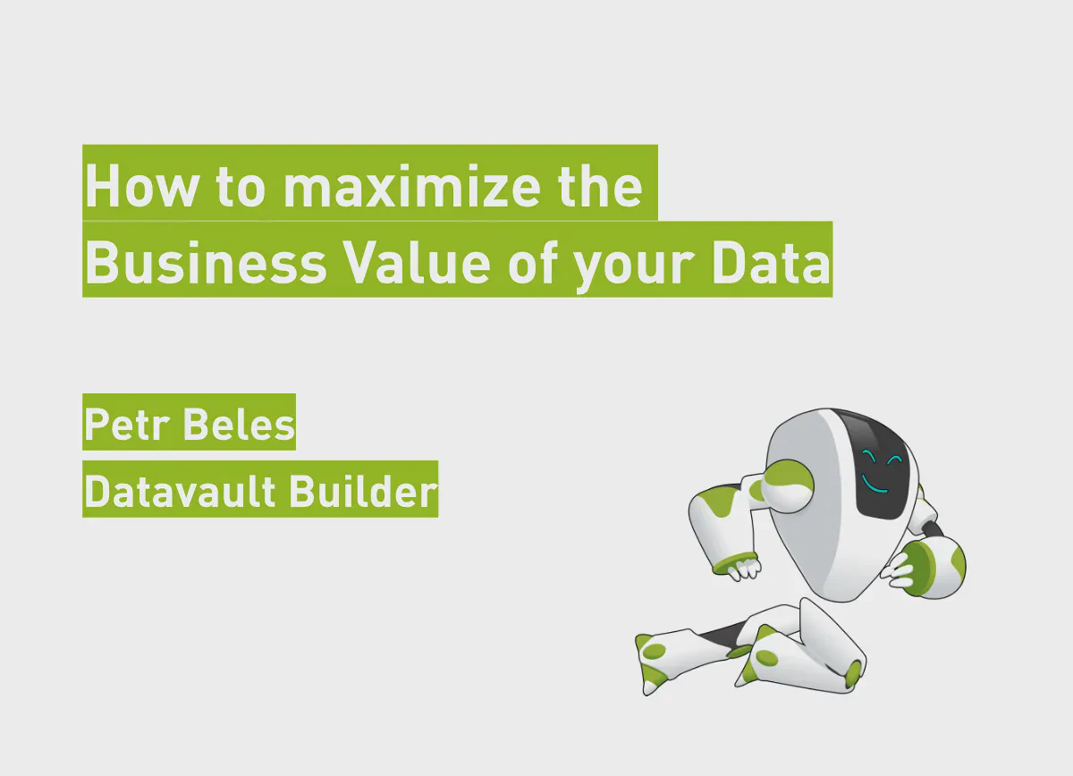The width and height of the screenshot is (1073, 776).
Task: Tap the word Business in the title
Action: click(207, 264)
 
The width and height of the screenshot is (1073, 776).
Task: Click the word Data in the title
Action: click(771, 264)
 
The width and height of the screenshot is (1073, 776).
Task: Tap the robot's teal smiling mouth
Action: click(874, 486)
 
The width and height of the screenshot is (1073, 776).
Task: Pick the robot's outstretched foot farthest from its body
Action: click(655, 662)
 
